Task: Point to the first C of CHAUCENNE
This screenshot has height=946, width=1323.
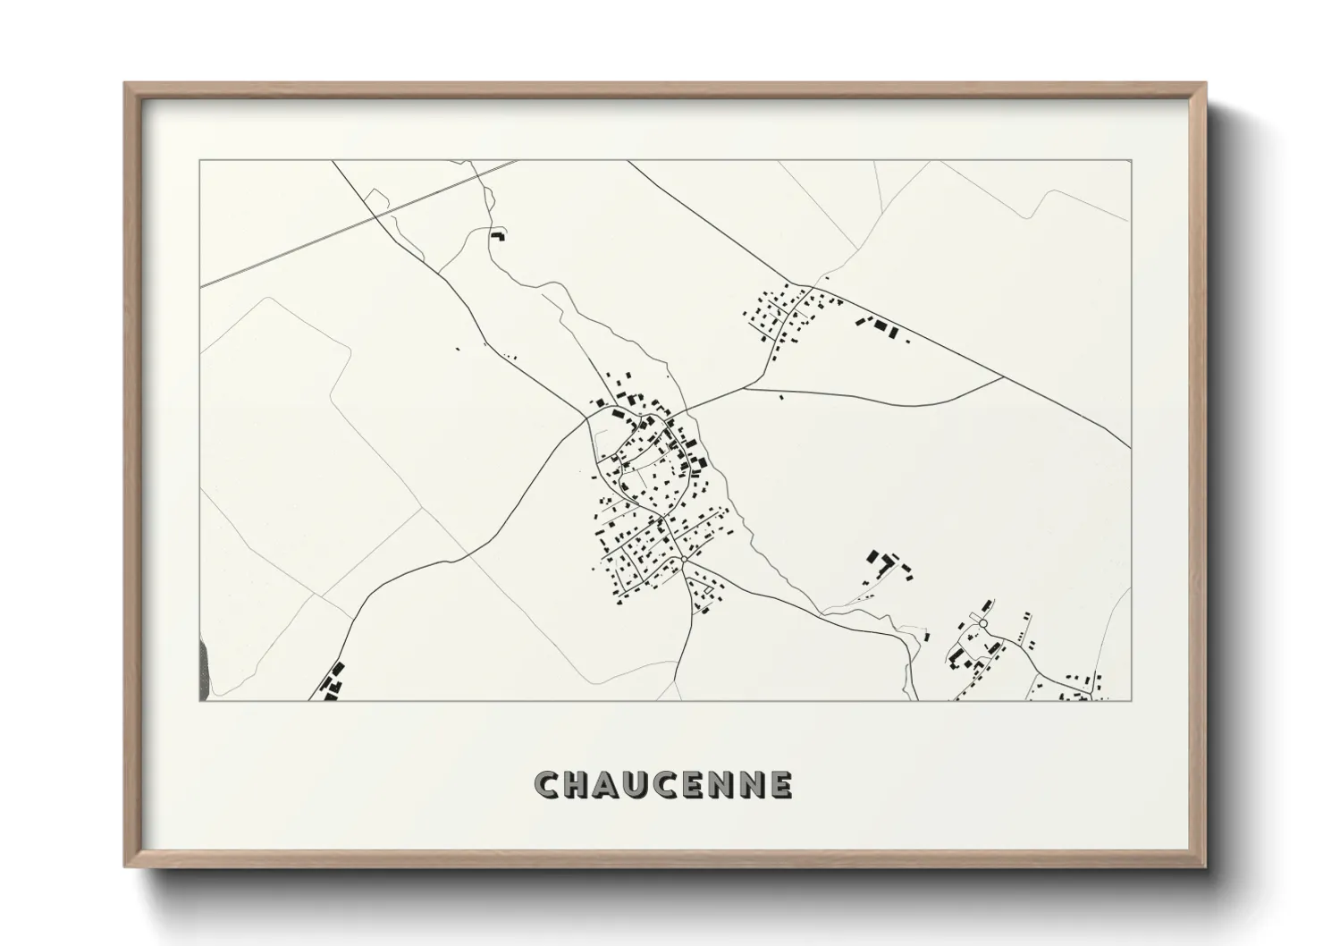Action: tap(548, 786)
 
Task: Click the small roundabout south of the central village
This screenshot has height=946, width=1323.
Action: tap(683, 560)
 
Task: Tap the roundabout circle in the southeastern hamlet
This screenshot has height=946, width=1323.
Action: tap(982, 623)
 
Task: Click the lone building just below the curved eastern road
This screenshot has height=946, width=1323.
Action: tap(781, 397)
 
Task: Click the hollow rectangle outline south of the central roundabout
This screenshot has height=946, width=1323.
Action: tap(712, 589)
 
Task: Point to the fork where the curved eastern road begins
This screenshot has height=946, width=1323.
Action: tap(744, 389)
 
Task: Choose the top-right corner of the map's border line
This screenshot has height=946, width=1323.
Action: tap(1131, 161)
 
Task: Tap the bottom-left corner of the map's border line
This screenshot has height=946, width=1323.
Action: tap(199, 700)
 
